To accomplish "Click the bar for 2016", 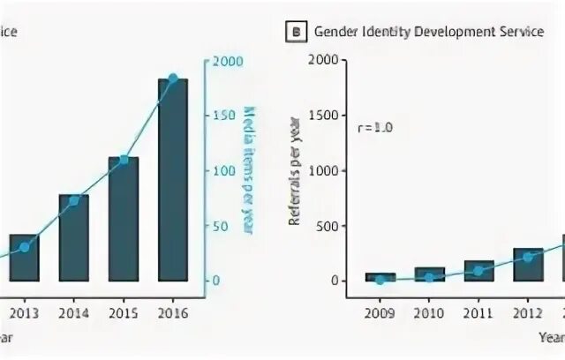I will (173, 180).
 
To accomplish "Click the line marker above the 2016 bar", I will (173, 79).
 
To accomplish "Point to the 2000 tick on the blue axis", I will (222, 61).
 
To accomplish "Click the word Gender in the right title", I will (333, 33).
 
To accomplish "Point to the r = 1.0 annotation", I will (375, 127).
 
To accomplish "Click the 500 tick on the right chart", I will (328, 226).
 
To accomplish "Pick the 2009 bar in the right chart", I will (380, 277).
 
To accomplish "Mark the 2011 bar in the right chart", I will (478, 271).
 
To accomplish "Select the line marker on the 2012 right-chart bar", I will (528, 258).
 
